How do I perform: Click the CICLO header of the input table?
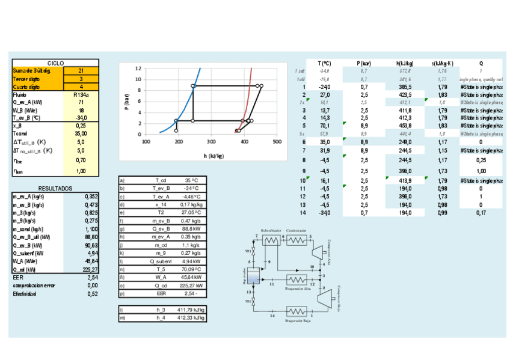tap(55, 63)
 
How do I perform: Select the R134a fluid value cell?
tap(81, 94)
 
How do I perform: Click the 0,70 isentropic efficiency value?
tap(81, 160)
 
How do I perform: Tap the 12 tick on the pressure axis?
tap(138, 69)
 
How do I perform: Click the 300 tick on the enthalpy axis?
tap(211, 142)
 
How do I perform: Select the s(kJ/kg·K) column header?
tap(442, 63)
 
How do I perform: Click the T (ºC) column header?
tap(325, 63)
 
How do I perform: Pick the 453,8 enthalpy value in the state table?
tap(404, 126)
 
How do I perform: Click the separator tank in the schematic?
tap(254, 277)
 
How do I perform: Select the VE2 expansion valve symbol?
tap(254, 301)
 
